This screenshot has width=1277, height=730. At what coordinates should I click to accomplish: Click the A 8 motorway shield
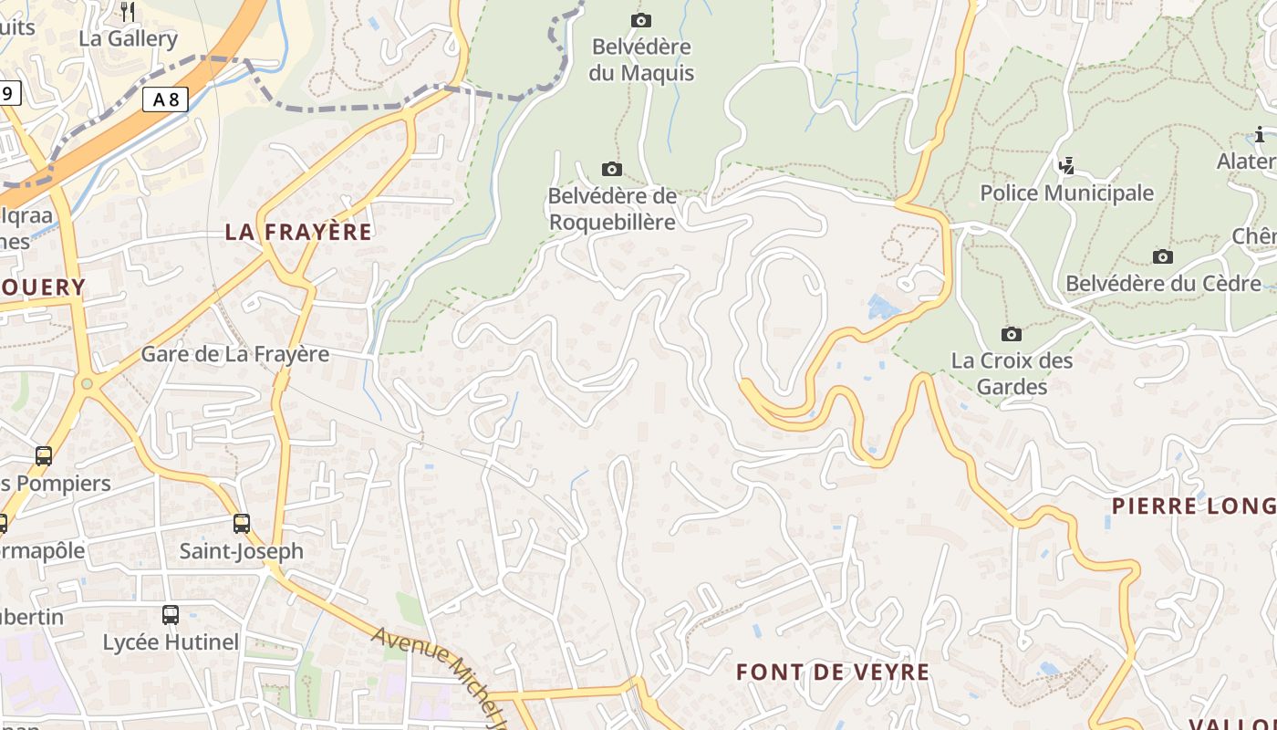[165, 99]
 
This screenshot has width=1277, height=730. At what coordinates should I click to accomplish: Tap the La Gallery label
[128, 38]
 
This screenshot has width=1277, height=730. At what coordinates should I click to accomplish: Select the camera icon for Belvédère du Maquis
[641, 20]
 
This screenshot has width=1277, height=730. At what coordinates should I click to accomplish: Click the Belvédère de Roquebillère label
[612, 209]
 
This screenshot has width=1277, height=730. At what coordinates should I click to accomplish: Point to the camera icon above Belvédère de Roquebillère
[612, 169]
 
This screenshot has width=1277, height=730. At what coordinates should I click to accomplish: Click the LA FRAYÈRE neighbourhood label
[298, 232]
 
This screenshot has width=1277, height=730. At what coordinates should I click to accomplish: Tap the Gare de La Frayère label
[234, 354]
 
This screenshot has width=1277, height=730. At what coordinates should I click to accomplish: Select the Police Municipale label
[1066, 193]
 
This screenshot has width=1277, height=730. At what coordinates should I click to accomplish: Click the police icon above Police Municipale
[1066, 165]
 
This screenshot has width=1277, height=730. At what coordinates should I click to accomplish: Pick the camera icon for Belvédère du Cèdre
[1163, 256]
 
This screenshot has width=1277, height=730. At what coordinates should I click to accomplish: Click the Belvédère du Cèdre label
[1163, 283]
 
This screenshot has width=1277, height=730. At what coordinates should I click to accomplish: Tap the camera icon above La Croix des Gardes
[1012, 334]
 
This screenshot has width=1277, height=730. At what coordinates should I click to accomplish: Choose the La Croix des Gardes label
[1012, 373]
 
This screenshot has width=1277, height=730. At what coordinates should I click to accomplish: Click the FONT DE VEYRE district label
[833, 673]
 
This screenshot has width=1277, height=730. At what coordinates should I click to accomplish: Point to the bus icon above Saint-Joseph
[241, 524]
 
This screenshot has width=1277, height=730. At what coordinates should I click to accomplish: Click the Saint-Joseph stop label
[241, 551]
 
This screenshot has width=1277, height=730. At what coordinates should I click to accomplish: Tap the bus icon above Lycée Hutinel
[171, 615]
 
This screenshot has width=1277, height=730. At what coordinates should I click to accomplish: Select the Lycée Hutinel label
[171, 642]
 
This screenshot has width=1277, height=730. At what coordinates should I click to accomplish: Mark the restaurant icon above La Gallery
[128, 11]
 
